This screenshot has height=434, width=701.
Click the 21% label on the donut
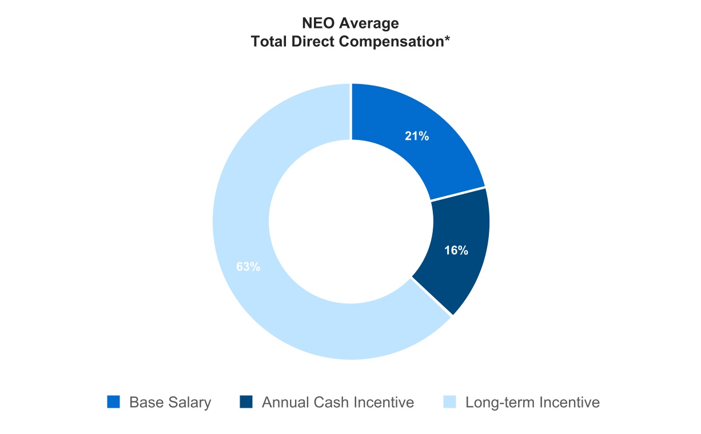(x=416, y=136)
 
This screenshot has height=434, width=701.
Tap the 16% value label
(x=456, y=250)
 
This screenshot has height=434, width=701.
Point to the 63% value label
(x=248, y=267)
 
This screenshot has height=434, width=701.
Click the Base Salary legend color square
(x=113, y=402)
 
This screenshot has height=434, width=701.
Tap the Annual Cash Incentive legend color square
(x=246, y=402)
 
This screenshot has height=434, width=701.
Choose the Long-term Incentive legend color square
(x=450, y=402)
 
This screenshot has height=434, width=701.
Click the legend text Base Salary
(x=170, y=403)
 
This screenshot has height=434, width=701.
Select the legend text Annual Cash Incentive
(x=338, y=402)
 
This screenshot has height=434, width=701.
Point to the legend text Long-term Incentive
(x=533, y=403)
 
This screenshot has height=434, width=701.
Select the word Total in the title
(x=269, y=41)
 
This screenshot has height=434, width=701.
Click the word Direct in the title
(x=313, y=41)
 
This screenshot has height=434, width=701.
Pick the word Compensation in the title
(x=391, y=42)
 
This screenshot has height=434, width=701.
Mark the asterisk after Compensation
(x=447, y=38)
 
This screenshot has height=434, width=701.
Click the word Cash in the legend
(x=330, y=402)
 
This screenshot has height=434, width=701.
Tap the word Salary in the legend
(x=190, y=403)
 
